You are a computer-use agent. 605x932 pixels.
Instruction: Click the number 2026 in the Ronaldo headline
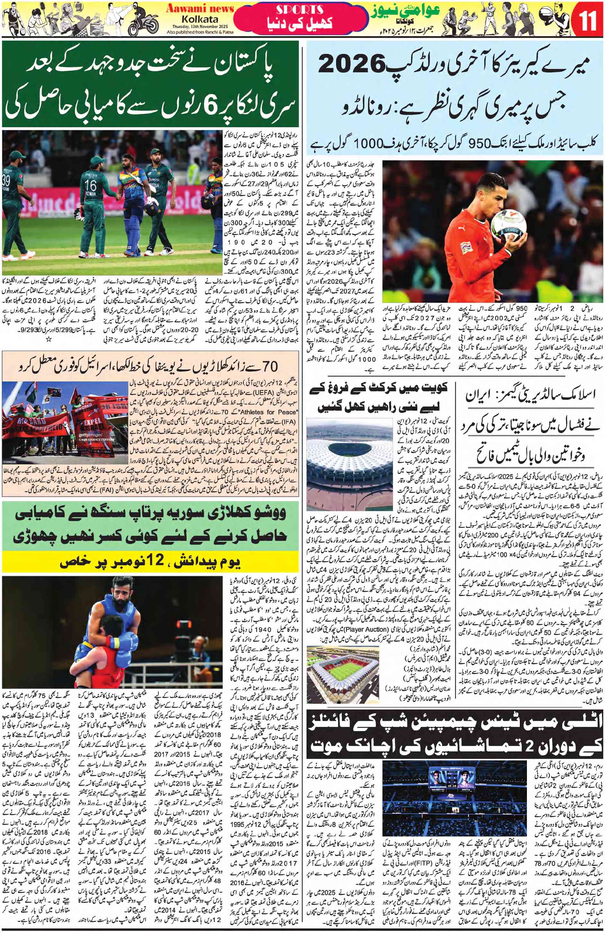point(354,65)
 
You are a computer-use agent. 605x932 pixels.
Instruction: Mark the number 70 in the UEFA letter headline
point(269,365)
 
